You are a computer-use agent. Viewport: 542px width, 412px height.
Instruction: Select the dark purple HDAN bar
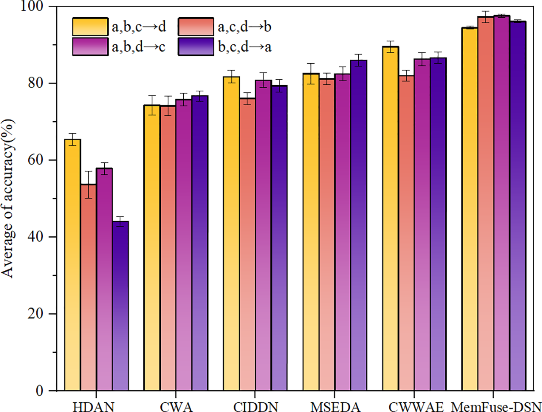tap(120, 305)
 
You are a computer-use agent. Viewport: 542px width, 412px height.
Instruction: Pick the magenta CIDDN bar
tap(263, 235)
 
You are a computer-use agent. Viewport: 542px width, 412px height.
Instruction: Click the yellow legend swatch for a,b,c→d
tap(90, 27)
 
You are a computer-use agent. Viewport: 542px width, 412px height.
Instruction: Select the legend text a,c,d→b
tap(245, 27)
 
